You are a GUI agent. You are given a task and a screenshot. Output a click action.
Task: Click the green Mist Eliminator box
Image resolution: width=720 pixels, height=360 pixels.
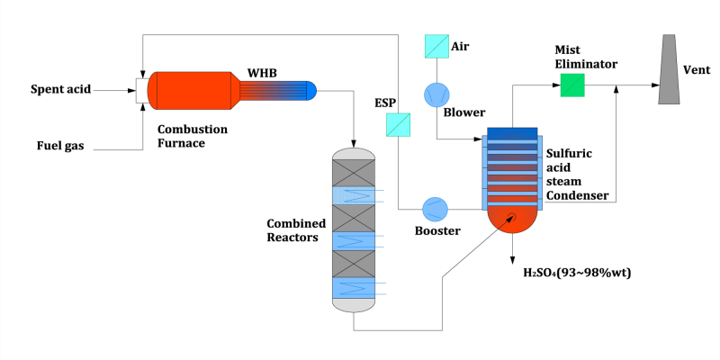click(x=571, y=85)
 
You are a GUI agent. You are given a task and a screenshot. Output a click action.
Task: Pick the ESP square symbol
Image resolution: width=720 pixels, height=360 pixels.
click(x=398, y=124)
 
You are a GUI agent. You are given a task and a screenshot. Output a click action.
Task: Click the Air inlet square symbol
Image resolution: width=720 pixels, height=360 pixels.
click(x=436, y=45)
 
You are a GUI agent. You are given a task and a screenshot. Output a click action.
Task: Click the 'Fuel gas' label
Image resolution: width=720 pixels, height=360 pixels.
click(x=60, y=145)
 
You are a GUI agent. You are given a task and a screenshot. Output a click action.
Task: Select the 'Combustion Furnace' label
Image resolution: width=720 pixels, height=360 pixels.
click(x=192, y=135)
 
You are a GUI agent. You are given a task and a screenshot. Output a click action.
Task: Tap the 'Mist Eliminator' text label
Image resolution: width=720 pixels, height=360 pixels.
click(x=586, y=58)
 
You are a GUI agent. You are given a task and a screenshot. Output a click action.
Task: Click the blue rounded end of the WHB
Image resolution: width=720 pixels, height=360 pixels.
click(x=311, y=89)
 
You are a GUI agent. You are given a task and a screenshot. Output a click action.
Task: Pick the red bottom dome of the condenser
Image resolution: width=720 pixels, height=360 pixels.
click(x=512, y=221)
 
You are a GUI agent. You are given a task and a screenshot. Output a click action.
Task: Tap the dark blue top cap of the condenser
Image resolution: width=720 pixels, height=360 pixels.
click(x=512, y=134)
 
